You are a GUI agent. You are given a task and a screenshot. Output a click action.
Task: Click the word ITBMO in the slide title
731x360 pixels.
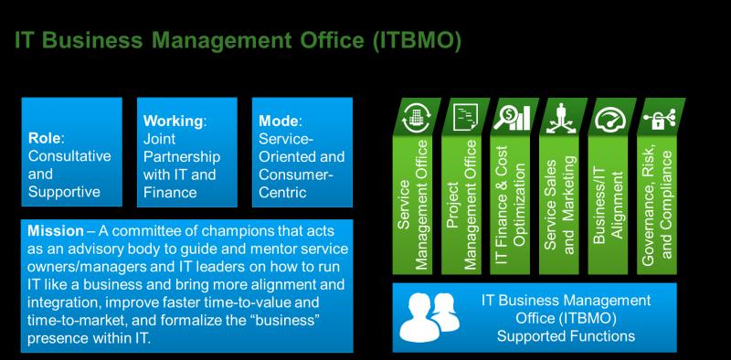(417, 40)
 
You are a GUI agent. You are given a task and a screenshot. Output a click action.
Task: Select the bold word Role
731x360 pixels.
(45, 138)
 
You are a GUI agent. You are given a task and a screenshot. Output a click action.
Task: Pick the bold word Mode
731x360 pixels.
(279, 121)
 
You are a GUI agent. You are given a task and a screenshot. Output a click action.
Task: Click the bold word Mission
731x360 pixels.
(56, 231)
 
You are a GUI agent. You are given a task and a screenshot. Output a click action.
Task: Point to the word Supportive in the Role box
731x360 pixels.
(64, 192)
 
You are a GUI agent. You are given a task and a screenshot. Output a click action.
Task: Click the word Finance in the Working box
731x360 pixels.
(170, 192)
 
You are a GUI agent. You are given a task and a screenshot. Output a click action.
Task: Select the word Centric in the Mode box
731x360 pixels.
(282, 192)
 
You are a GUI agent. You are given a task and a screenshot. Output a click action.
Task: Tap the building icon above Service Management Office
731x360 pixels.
(414, 117)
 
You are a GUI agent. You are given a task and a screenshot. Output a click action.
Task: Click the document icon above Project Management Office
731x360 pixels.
(464, 117)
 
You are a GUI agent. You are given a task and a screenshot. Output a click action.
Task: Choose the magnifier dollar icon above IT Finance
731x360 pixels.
(512, 118)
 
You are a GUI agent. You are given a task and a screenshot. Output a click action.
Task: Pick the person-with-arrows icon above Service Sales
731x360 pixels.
(561, 118)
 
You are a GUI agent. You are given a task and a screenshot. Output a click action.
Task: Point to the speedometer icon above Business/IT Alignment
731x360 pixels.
(609, 120)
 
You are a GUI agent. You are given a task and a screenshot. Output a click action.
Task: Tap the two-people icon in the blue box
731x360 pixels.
(429, 317)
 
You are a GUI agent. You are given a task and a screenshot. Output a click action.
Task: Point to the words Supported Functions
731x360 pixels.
(566, 335)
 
